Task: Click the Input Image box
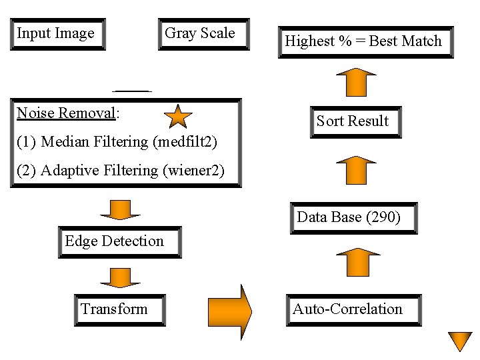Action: (58, 34)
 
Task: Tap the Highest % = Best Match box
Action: (365, 42)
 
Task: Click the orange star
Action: (178, 117)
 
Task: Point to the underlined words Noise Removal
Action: (65, 113)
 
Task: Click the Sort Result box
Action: (355, 121)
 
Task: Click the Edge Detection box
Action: (120, 242)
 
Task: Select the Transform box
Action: (119, 310)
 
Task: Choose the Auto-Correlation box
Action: (353, 310)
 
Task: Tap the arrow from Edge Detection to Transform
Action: (120, 277)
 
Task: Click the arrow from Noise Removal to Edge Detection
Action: (120, 208)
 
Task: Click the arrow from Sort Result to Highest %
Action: (356, 81)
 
